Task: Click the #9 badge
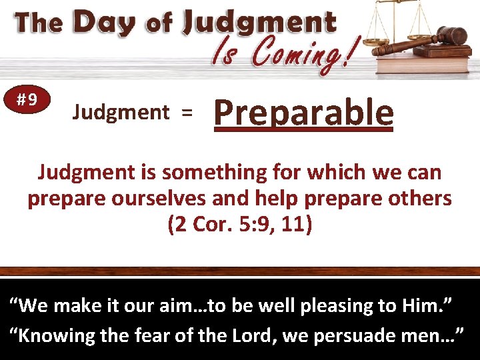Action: pyautogui.click(x=27, y=100)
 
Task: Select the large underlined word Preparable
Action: pyautogui.click(x=303, y=112)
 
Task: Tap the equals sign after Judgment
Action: pyautogui.click(x=187, y=113)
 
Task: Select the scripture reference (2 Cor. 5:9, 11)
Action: pyautogui.click(x=239, y=225)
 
